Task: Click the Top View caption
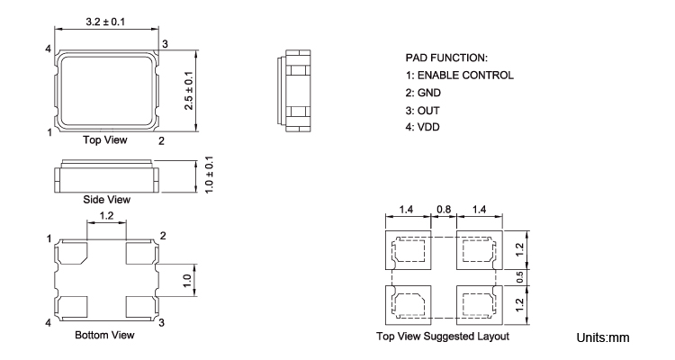[x=105, y=140]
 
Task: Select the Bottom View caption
[x=106, y=336]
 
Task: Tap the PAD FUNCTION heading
[x=447, y=58]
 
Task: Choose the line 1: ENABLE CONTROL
[x=460, y=75]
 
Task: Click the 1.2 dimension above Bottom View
[x=106, y=217]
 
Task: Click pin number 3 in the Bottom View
[x=161, y=321]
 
